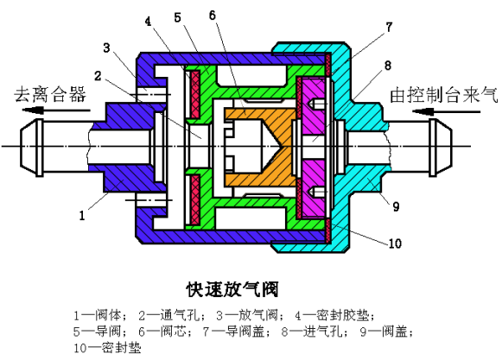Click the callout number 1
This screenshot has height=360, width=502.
[x=82, y=215]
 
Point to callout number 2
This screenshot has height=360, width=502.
[x=98, y=75]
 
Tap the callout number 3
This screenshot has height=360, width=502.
[x=106, y=47]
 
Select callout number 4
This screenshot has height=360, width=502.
[x=148, y=22]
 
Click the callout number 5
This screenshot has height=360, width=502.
[x=177, y=17]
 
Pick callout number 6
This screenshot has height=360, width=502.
[x=213, y=15]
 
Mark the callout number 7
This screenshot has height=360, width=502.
[x=389, y=28]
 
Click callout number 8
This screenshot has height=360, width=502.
[x=388, y=66]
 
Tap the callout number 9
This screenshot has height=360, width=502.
[x=396, y=206]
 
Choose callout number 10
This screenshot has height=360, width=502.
[x=395, y=243]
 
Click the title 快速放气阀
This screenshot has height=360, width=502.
[x=232, y=289]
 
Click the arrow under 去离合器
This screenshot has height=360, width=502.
[x=56, y=111]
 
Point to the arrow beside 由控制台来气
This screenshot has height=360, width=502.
[x=447, y=111]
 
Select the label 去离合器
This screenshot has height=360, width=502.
[x=50, y=94]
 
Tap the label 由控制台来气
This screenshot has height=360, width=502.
[x=444, y=95]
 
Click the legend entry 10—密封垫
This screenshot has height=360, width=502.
[x=107, y=348]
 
